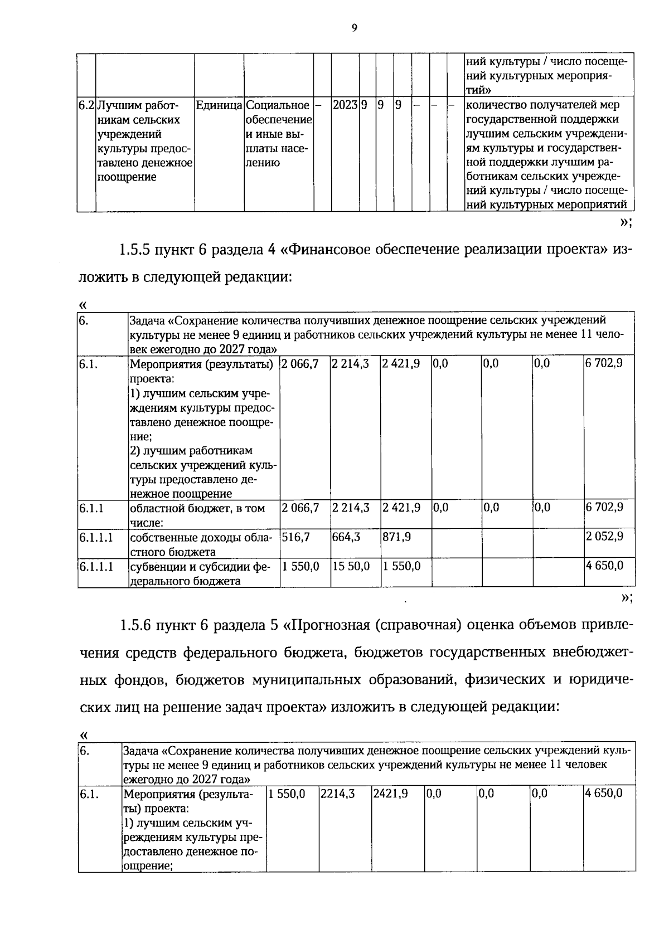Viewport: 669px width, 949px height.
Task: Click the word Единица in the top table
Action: point(219,105)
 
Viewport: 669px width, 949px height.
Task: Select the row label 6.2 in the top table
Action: point(86,105)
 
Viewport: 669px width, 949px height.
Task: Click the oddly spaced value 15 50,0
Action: point(351,566)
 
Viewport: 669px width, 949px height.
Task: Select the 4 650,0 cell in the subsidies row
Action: point(604,566)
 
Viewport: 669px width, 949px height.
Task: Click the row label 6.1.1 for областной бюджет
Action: point(91,508)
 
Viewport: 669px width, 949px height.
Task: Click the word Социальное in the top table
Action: point(277,105)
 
